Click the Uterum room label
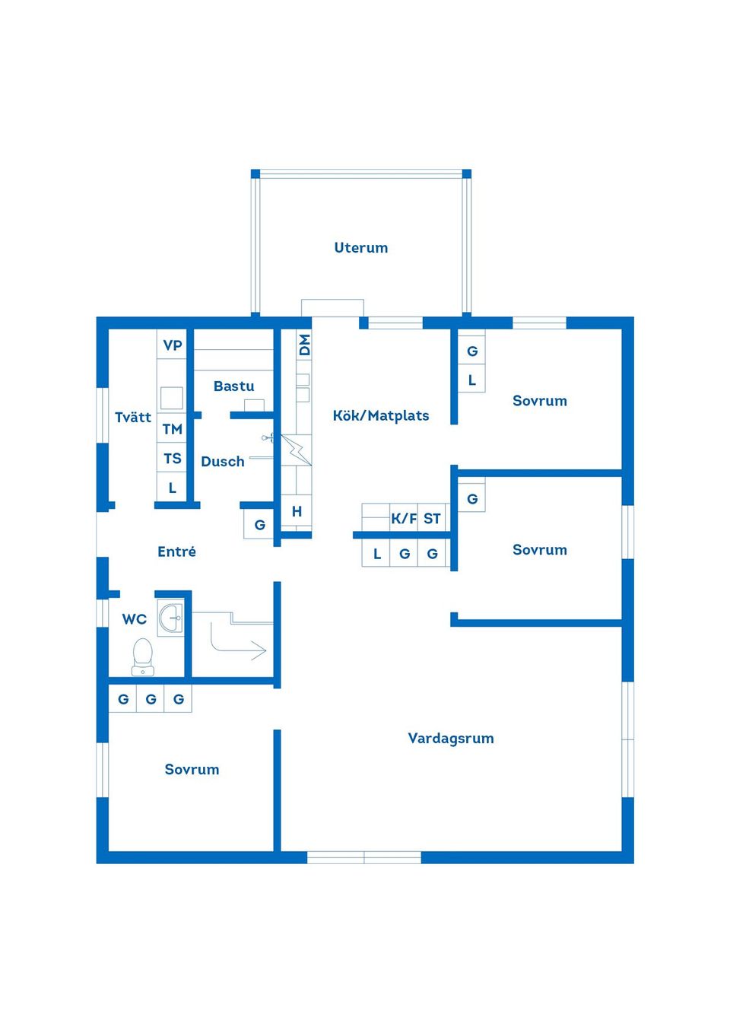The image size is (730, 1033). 361,248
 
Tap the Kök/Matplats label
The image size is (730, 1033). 381,415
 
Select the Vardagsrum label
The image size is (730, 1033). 451,738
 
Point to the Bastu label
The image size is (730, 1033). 233,386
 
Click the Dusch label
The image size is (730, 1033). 223,462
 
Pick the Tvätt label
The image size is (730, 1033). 133,417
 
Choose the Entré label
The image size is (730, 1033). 176,551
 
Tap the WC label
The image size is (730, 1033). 135,619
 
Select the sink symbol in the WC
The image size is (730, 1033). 171,618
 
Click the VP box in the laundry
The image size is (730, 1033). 173,345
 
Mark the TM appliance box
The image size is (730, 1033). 173,429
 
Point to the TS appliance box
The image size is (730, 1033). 173,459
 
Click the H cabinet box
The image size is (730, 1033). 297,512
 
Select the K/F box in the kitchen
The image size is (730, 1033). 404,519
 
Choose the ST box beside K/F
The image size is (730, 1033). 433,519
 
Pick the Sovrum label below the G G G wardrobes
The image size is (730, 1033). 192,769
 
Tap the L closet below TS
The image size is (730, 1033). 173,488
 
